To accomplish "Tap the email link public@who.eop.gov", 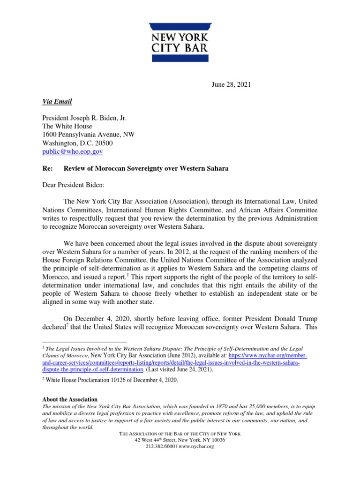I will coord(73,151).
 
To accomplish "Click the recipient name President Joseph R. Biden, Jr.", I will coord(87,118).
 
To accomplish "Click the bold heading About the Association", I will coord(70,399).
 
